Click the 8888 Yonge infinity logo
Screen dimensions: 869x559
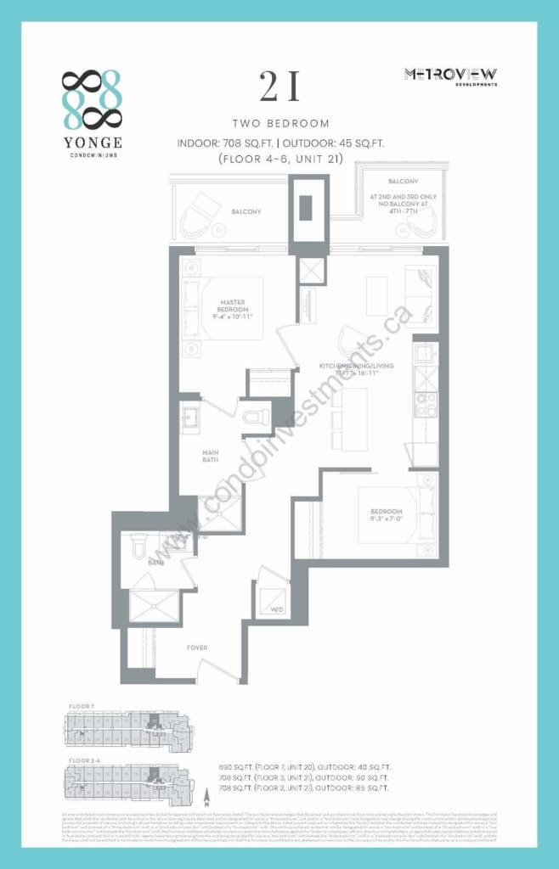point(92,100)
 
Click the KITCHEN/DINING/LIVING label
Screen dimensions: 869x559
point(351,366)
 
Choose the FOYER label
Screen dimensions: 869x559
point(197,648)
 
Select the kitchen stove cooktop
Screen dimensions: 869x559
point(425,401)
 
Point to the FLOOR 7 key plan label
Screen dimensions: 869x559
point(82,706)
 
